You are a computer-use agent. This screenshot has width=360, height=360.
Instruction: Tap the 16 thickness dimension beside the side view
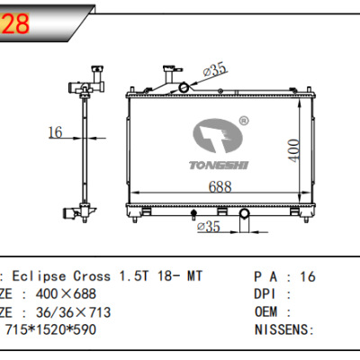pos(55,133)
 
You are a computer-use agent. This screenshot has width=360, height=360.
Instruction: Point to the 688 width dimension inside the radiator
pos(220,187)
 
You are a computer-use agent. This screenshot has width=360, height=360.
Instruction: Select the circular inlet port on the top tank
pos(185,87)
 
